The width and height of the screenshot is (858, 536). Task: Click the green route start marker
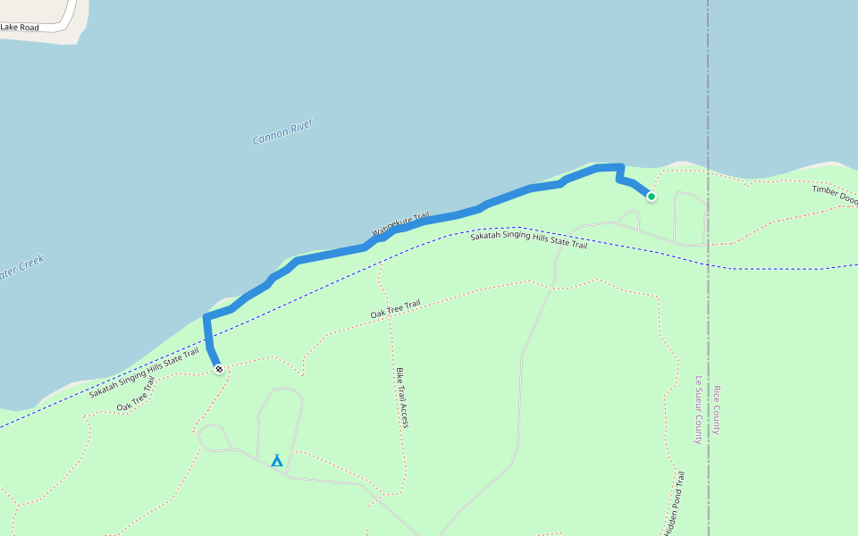(x=651, y=197)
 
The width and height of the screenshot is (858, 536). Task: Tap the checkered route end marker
(x=218, y=368)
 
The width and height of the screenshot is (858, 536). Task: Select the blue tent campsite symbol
(x=277, y=461)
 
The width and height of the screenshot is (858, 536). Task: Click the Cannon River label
(x=282, y=133)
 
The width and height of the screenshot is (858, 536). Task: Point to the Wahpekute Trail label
(x=400, y=225)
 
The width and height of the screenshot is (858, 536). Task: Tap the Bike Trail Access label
(x=401, y=398)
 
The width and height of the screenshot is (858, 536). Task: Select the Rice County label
(x=717, y=410)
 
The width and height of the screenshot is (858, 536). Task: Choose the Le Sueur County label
(x=700, y=410)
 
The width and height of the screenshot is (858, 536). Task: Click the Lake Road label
(x=20, y=28)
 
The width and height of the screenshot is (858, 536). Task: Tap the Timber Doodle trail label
(x=834, y=196)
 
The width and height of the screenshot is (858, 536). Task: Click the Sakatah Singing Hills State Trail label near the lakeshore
(x=143, y=373)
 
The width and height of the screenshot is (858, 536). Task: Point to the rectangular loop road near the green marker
(x=690, y=218)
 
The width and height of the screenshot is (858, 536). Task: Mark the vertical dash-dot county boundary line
(x=708, y=89)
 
